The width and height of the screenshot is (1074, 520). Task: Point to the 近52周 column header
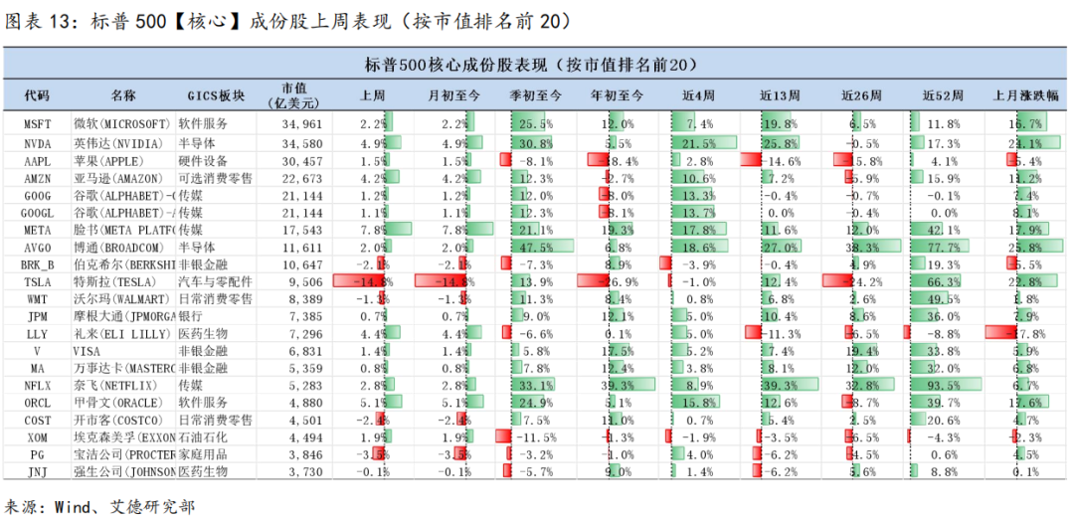click(943, 95)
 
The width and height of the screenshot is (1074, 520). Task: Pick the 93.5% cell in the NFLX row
click(943, 383)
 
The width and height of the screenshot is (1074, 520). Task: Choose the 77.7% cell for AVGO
click(943, 246)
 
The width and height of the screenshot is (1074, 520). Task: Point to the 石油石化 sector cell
click(203, 436)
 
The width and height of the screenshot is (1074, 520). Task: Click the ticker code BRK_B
click(37, 263)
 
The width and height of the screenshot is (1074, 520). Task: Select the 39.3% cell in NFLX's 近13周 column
click(780, 383)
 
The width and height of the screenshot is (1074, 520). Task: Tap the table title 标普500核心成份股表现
click(536, 65)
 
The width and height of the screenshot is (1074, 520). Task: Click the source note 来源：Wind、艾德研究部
click(99, 506)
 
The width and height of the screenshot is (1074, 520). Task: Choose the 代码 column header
click(37, 95)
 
